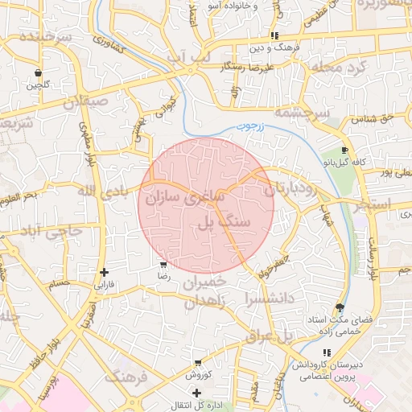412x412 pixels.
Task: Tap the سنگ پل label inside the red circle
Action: [x=224, y=221]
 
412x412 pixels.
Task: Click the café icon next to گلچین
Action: [x=39, y=71]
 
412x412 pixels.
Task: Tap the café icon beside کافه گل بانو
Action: [x=344, y=150]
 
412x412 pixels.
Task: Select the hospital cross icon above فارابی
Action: [x=104, y=273]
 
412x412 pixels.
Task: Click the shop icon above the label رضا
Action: [x=163, y=264]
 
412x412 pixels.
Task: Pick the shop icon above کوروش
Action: [x=197, y=363]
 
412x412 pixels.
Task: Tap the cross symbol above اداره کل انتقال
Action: [x=197, y=392]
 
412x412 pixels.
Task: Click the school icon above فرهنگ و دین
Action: [x=274, y=35]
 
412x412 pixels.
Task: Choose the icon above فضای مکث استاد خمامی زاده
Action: [x=340, y=307]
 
